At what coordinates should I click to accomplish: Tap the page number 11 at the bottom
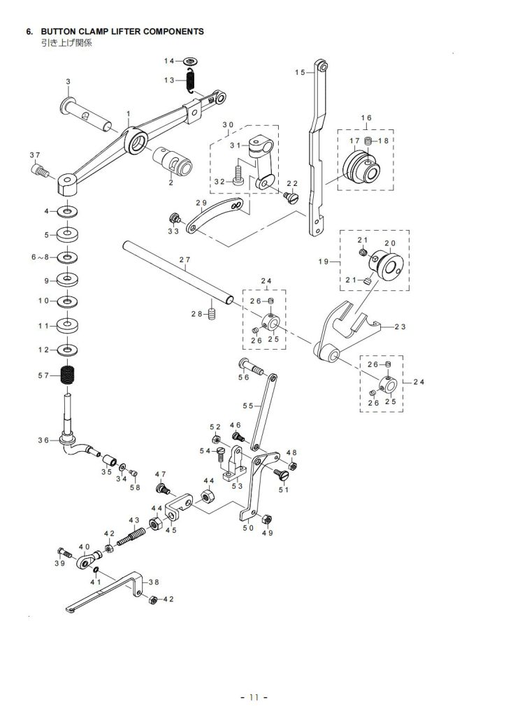(x=253, y=697)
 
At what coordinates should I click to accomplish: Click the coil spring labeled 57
(x=68, y=376)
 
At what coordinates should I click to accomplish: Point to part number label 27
(x=185, y=260)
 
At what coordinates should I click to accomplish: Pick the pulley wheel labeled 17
(x=361, y=167)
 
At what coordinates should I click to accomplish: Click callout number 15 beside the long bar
(x=300, y=72)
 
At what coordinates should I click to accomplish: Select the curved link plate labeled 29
(x=214, y=214)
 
